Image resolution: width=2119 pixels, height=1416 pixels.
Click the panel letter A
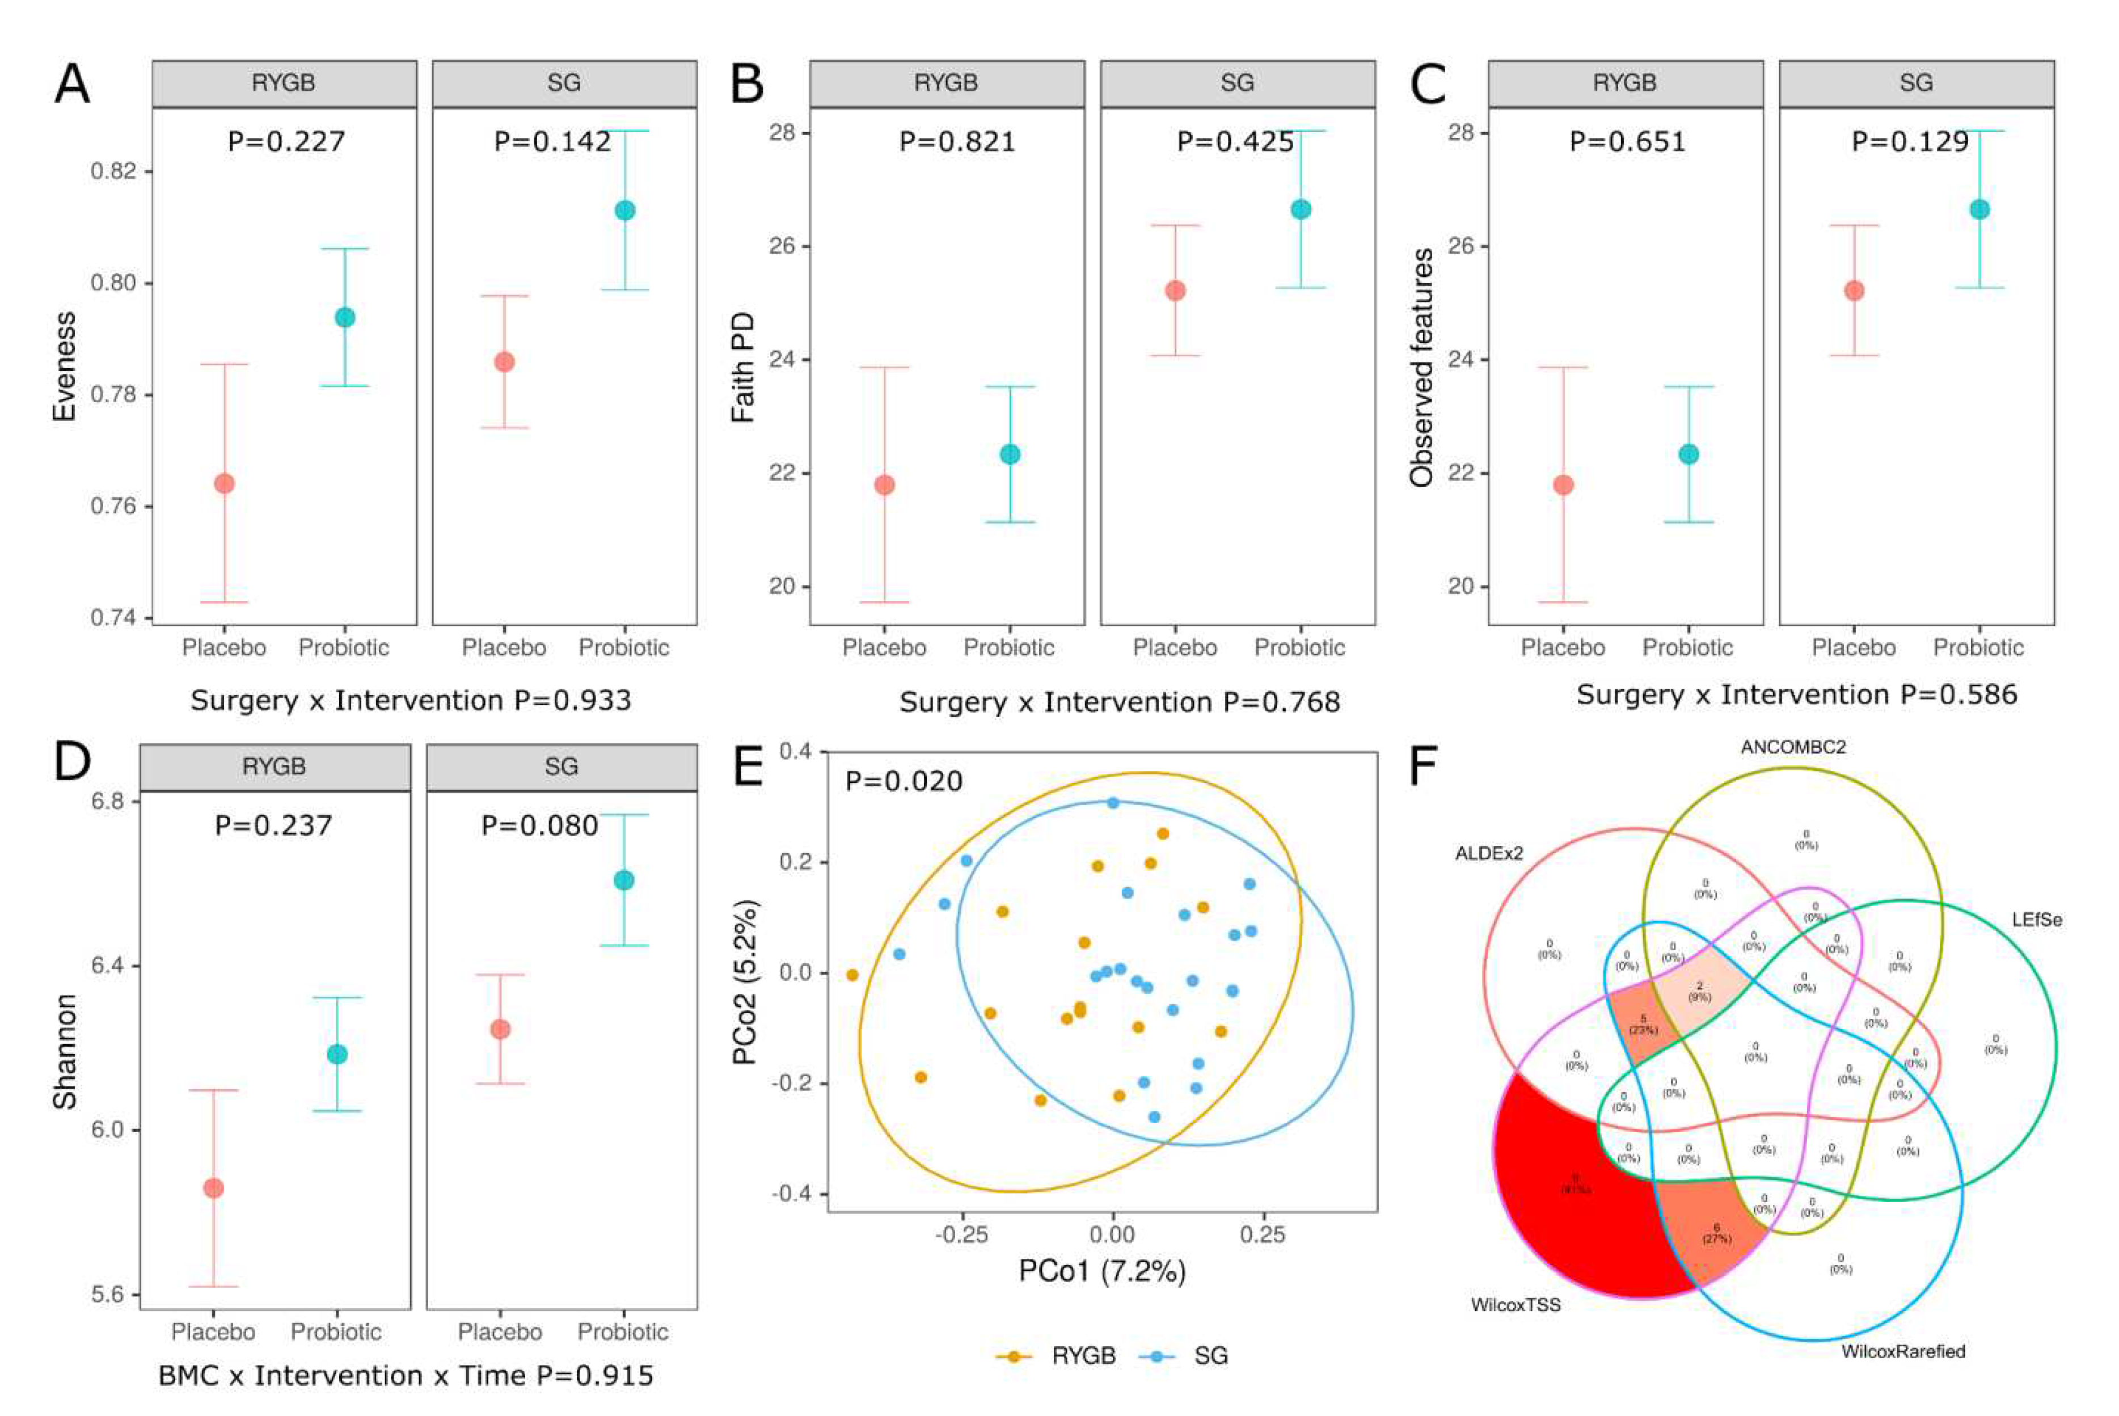pos(72,84)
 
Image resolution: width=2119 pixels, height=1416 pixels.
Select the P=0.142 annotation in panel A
pos(552,142)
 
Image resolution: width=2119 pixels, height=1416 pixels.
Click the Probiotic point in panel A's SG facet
pos(625,210)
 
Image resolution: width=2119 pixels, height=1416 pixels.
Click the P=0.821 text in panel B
pos(957,142)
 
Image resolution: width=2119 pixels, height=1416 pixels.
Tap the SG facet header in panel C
pos(1916,83)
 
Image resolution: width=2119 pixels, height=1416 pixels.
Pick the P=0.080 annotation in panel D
pos(539,825)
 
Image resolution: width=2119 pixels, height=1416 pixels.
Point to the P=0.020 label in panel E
pos(904,781)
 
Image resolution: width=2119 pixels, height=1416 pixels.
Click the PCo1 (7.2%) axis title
pos(1101,1271)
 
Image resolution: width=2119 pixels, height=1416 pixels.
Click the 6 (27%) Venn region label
pos(1716,1233)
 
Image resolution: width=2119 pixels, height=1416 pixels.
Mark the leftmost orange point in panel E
pos(851,975)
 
